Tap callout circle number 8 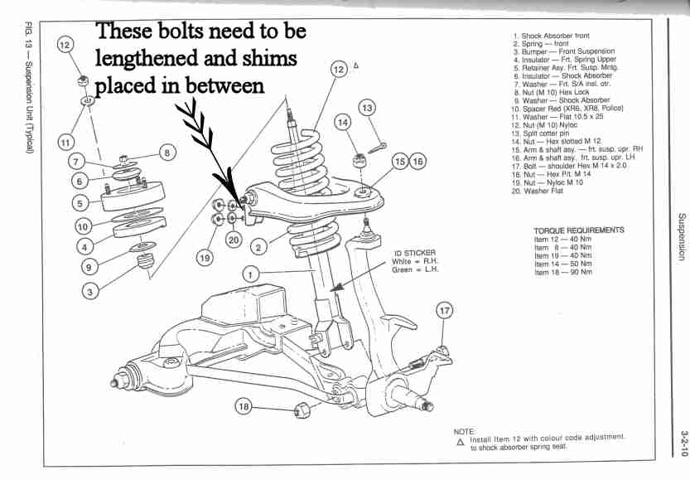coord(166,152)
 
